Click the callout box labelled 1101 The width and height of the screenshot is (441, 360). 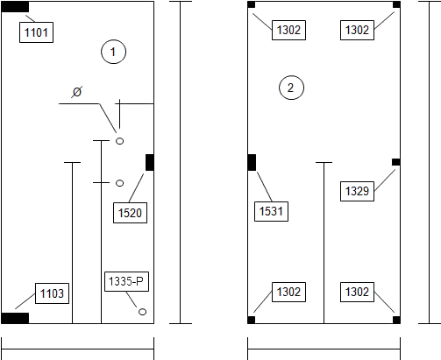tap(36, 32)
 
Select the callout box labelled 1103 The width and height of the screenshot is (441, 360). tap(52, 293)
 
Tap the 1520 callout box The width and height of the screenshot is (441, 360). tap(130, 213)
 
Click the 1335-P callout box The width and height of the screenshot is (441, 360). tap(126, 281)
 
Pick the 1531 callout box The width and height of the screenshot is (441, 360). tap(271, 211)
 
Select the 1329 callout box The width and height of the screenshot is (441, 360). tap(357, 191)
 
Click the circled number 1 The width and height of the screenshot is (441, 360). tap(114, 52)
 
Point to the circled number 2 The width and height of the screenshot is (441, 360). tap(291, 88)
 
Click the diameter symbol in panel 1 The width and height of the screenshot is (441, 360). tap(77, 92)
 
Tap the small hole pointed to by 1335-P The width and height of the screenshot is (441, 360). tap(142, 312)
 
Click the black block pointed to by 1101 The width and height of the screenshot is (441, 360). tap(15, 7)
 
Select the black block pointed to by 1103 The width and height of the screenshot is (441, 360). tap(15, 318)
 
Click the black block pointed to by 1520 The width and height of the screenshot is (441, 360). tap(150, 162)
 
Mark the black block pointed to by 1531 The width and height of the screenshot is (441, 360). tap(252, 162)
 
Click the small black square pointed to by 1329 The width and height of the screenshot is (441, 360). tap(396, 162)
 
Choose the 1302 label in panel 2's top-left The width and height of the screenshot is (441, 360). tap(288, 30)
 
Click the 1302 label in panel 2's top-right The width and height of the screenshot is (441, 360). tap(357, 30)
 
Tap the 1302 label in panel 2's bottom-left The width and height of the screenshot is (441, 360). tap(288, 292)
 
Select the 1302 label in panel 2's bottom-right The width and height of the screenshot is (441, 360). tap(357, 292)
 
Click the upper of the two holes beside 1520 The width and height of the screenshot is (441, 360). tap(119, 141)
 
